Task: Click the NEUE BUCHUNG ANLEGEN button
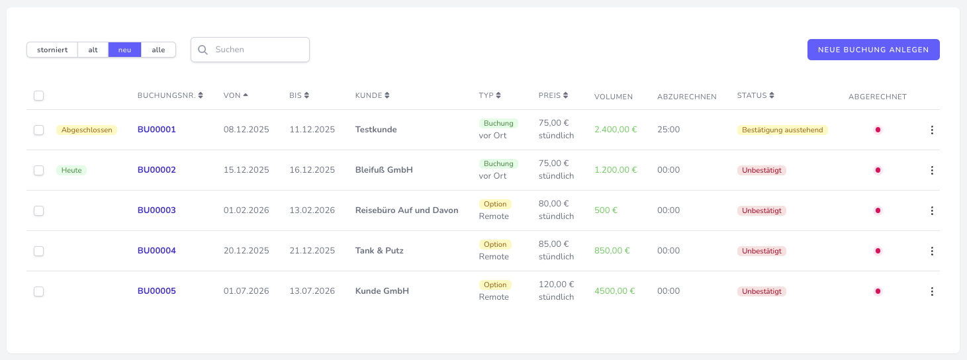coord(873,50)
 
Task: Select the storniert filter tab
coord(52,50)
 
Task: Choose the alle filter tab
coord(158,50)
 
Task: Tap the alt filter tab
coord(93,50)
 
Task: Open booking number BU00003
coord(157,210)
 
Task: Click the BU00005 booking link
coord(157,291)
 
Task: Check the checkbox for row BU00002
coord(39,170)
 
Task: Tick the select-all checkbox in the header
coord(39,96)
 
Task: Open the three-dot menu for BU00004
coord(932,251)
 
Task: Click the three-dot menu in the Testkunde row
coord(932,130)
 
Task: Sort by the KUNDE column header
coord(372,95)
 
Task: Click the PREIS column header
coord(553,95)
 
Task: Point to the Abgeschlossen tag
coord(87,130)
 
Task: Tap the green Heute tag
coord(71,170)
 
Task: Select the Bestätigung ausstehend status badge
coord(782,130)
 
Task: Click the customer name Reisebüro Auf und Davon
coord(406,210)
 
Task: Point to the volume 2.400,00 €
coord(616,130)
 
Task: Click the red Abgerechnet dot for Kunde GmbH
coord(878,291)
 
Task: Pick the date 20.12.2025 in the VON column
coord(246,251)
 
